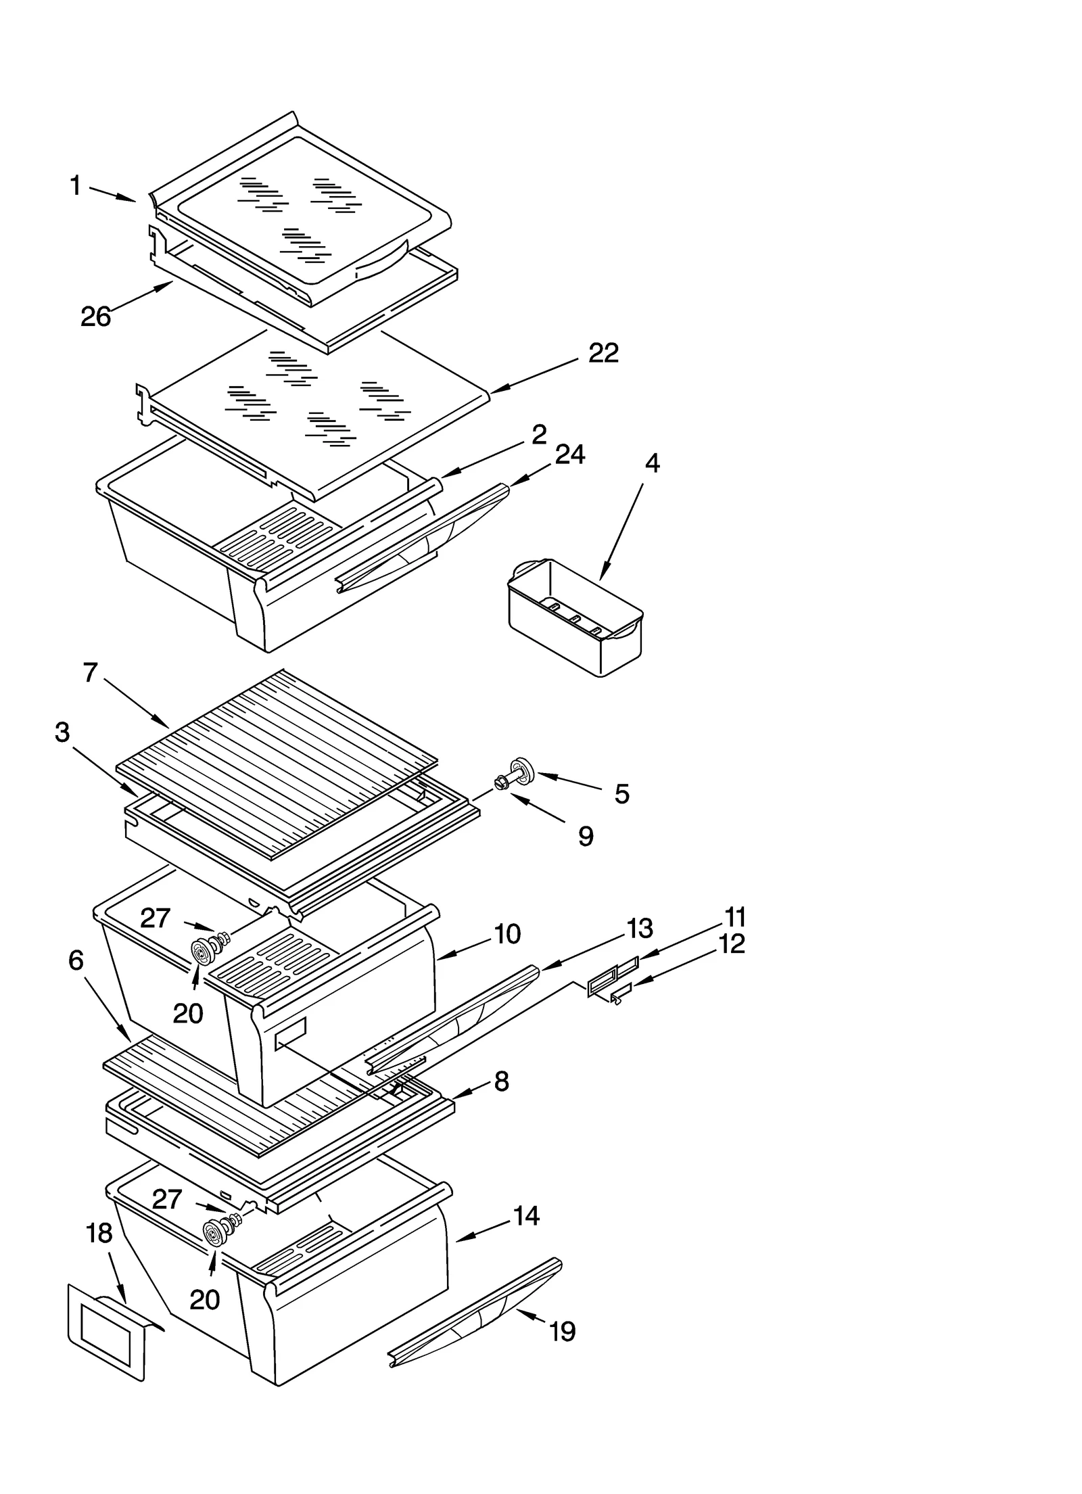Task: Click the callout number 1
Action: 76,185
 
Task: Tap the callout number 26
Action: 95,317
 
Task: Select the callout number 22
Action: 603,353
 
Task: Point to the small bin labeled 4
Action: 575,617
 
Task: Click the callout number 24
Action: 569,454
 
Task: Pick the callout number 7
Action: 91,673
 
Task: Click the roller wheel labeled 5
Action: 523,770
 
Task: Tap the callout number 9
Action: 586,837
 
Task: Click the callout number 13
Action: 639,929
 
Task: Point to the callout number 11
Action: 735,918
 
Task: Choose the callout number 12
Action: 731,944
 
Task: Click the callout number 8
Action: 501,1081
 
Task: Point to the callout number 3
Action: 62,732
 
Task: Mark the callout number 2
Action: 538,435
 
